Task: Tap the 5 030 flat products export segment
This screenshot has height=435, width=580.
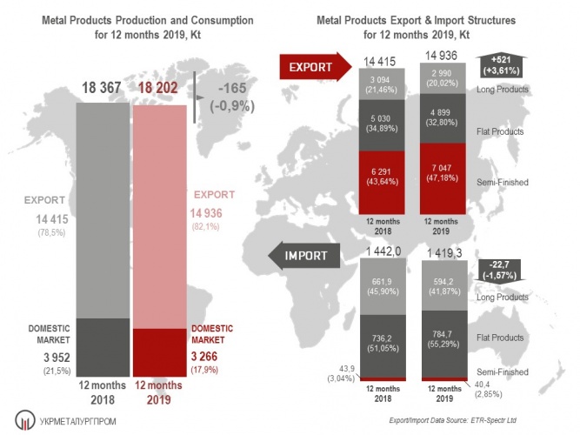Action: [x=383, y=124]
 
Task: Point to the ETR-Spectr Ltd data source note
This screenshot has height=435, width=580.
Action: [x=488, y=421]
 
